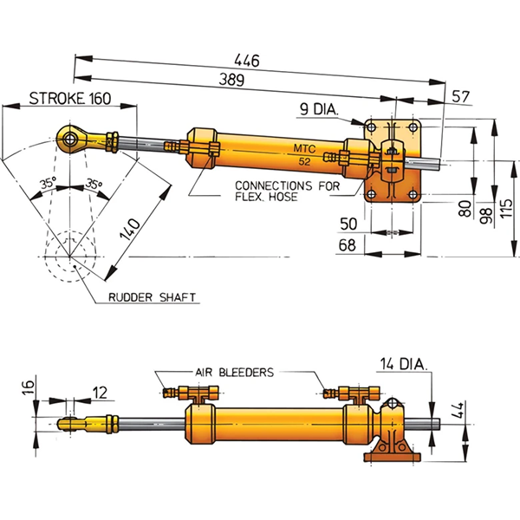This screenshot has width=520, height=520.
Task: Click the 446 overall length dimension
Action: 250,62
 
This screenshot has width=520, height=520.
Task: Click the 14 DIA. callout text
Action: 403,364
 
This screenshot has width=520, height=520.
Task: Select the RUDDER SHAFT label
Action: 153,298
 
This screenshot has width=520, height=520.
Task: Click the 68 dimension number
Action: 349,246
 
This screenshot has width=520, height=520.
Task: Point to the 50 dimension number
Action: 349,224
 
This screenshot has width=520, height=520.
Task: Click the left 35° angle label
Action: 47,184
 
